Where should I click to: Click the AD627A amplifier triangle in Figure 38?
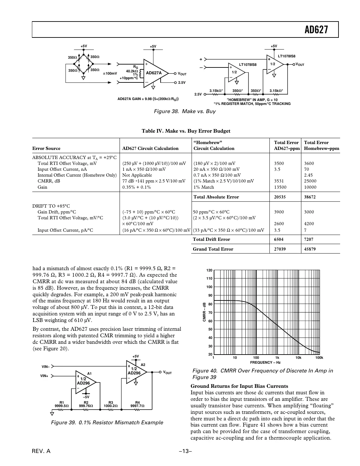[x=154, y=73]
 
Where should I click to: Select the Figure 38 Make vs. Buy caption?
[x=184, y=111]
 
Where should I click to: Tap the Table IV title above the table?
[x=186, y=131]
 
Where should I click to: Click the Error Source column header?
[x=46, y=148]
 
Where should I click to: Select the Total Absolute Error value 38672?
[x=310, y=197]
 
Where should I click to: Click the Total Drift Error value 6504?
[x=279, y=239]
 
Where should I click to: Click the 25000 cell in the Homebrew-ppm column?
[x=310, y=181]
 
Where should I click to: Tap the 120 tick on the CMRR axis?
[x=209, y=270]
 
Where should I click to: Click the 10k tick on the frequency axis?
[x=298, y=358]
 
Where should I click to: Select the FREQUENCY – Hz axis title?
[x=265, y=362]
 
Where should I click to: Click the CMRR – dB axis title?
[x=204, y=312]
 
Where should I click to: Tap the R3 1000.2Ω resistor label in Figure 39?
[x=110, y=404]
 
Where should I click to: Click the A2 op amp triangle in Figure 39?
[x=136, y=372]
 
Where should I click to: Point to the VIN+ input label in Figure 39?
[x=44, y=376]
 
